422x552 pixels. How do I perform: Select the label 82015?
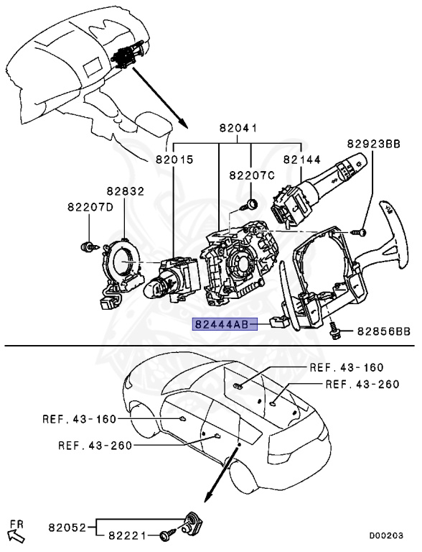tap(174, 160)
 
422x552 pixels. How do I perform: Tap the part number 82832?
tap(126, 192)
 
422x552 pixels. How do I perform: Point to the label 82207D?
tap(91, 208)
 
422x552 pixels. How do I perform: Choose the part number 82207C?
tap(253, 175)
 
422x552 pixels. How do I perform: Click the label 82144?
tap(301, 160)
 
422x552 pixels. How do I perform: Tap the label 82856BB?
tap(384, 332)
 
